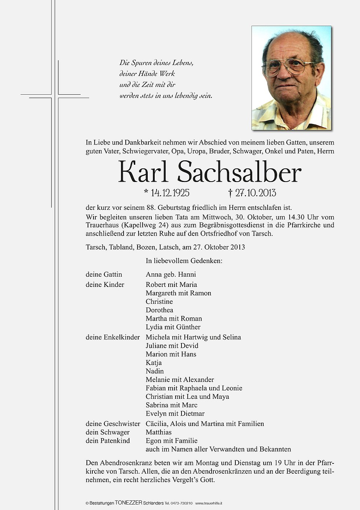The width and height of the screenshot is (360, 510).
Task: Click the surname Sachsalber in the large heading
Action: pyautogui.click(x=239, y=172)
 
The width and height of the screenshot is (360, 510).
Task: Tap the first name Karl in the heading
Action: pyautogui.click(x=143, y=172)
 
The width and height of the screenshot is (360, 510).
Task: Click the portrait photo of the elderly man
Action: pyautogui.click(x=291, y=78)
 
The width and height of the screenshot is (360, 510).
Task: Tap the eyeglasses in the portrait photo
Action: pyautogui.click(x=288, y=67)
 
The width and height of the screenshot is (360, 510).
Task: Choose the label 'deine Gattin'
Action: pyautogui.click(x=104, y=274)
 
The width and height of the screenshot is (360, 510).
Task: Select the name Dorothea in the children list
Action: pyautogui.click(x=159, y=310)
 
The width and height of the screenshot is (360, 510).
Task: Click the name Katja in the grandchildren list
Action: pyautogui.click(x=154, y=363)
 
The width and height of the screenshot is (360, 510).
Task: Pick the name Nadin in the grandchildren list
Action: pyautogui.click(x=155, y=371)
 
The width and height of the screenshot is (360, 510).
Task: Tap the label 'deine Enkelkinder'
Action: pyautogui.click(x=113, y=337)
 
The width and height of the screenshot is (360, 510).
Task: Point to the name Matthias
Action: pyautogui.click(x=158, y=432)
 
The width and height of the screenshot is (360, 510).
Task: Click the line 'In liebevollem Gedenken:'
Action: pyautogui.click(x=184, y=261)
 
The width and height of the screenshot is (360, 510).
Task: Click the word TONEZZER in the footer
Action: pyautogui.click(x=128, y=503)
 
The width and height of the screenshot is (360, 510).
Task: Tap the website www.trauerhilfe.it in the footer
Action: pyautogui.click(x=209, y=503)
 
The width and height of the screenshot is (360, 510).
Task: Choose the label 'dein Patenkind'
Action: pyautogui.click(x=108, y=441)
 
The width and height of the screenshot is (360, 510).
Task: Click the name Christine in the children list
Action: pyautogui.click(x=159, y=302)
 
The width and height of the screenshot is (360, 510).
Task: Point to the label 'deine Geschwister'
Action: pyautogui.click(x=113, y=424)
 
